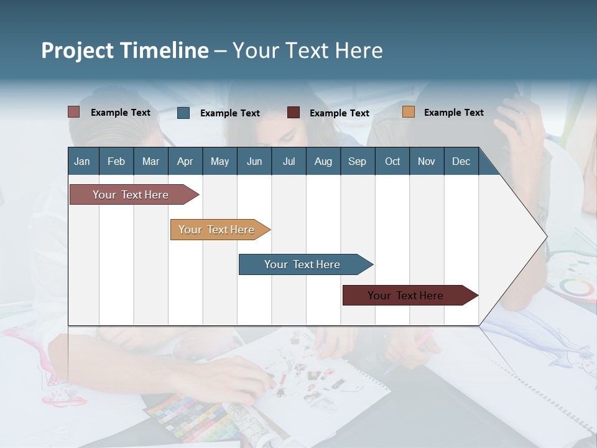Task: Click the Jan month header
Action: (83, 161)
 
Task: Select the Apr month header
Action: (185, 161)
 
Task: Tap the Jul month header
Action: (289, 161)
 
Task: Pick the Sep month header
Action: (357, 161)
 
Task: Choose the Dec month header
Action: (461, 161)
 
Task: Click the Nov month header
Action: (426, 161)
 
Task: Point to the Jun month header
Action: (254, 161)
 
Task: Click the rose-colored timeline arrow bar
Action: (131, 195)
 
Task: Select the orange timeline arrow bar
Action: (216, 230)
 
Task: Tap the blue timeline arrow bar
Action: (302, 264)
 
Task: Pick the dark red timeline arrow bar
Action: (405, 296)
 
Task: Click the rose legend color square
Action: (74, 112)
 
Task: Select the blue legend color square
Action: (183, 113)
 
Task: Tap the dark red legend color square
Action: (294, 113)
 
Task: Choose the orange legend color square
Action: (408, 112)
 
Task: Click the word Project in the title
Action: (78, 50)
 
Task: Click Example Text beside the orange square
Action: (453, 113)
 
